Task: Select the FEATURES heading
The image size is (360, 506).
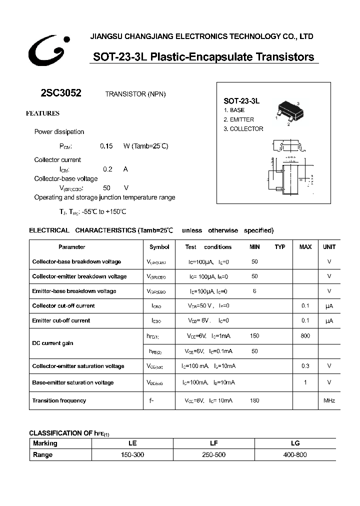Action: [42, 113]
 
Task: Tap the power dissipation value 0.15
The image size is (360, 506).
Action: [106, 146]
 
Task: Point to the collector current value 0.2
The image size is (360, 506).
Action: [107, 169]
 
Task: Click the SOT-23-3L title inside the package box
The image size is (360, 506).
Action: [241, 100]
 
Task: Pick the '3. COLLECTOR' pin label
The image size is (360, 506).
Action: [243, 129]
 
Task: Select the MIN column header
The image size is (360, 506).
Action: [255, 247]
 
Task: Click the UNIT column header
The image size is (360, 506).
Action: [329, 247]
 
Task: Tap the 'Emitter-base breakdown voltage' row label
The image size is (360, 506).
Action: [74, 291]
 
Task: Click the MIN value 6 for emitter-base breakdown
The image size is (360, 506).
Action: [254, 291]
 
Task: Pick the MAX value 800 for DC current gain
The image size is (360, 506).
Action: [305, 336]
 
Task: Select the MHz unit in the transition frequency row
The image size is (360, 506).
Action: [329, 400]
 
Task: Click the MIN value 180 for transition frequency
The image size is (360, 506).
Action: [254, 400]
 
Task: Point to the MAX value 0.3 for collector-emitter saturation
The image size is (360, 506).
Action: [305, 366]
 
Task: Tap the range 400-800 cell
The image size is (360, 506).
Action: [295, 454]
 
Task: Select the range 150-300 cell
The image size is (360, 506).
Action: [132, 454]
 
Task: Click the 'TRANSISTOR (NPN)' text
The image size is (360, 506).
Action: [135, 94]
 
